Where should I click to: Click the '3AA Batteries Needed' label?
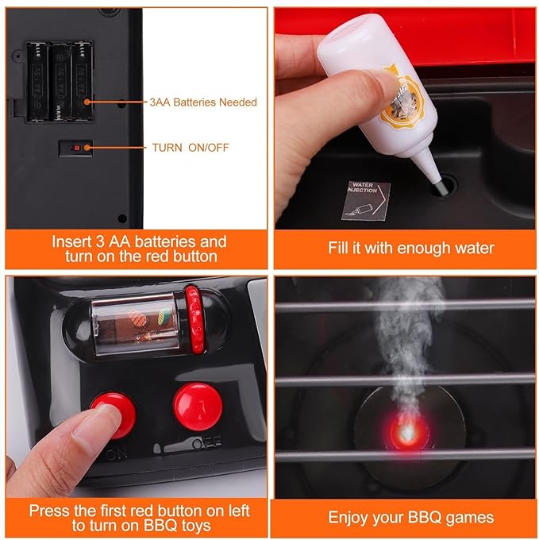tap(202, 102)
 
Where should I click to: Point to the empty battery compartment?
tap(60, 81)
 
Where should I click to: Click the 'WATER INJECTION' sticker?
tap(370, 198)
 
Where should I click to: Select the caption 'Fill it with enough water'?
tap(410, 248)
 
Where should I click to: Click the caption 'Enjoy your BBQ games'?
tap(410, 518)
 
